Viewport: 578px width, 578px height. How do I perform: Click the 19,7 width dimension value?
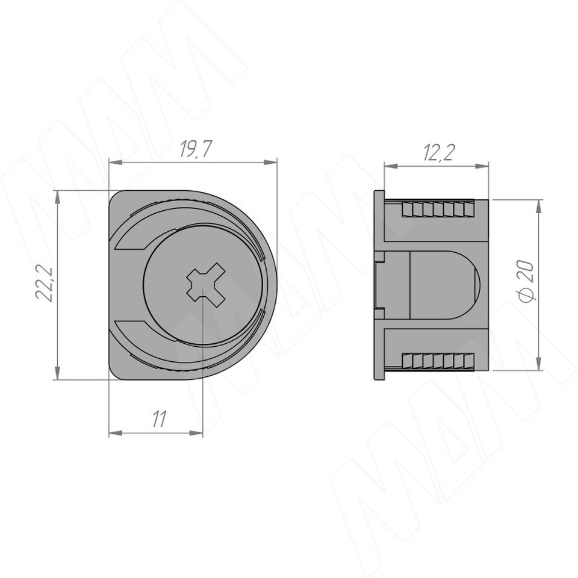point(195,149)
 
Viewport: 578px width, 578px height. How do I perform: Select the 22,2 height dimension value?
point(44,284)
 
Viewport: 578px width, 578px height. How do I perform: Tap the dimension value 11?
point(159,419)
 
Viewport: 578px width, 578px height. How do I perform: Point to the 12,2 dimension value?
point(439,152)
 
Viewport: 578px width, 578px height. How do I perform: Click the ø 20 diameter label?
point(525,281)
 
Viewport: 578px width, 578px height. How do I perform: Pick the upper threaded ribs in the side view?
point(438,210)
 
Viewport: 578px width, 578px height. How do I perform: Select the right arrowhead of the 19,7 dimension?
point(270,162)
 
